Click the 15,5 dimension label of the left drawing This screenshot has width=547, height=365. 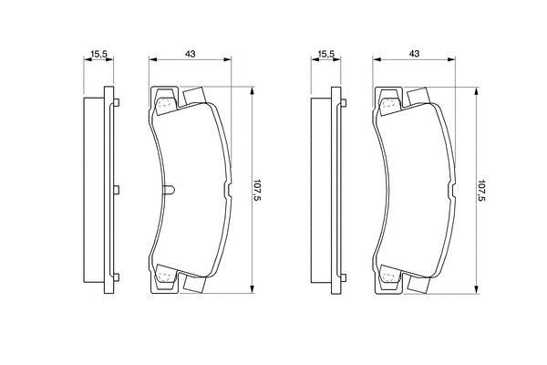tap(98, 54)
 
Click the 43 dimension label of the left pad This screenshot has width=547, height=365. tap(191, 54)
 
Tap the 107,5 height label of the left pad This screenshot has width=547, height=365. tap(257, 190)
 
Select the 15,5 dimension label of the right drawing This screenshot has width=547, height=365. tap(326, 54)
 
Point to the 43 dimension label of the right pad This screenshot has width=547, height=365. tap(414, 54)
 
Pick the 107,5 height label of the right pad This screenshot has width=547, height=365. tap(481, 190)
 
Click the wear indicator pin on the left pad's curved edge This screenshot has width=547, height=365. tap(169, 190)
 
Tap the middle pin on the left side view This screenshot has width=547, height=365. tap(117, 190)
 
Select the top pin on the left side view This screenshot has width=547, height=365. tap(117, 103)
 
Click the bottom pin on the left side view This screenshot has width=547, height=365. tap(117, 277)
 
